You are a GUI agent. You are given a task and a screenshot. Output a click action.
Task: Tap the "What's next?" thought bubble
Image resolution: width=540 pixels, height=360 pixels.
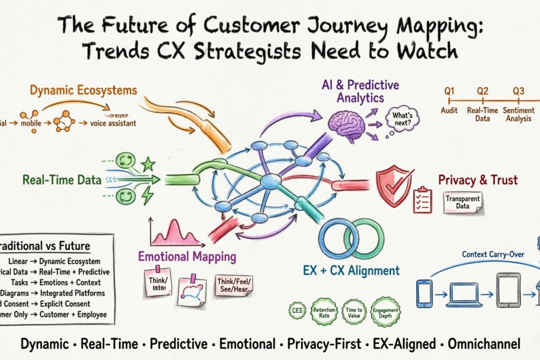(x=402, y=118)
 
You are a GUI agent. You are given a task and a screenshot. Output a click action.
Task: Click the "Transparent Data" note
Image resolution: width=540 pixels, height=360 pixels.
(x=462, y=202)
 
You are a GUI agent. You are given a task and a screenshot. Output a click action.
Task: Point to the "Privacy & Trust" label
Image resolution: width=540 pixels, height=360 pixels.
(x=478, y=180)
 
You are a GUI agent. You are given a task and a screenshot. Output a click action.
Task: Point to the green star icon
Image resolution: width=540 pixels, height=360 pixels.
(x=147, y=165)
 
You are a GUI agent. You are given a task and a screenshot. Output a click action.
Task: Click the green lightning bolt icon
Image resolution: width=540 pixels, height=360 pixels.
(x=147, y=196)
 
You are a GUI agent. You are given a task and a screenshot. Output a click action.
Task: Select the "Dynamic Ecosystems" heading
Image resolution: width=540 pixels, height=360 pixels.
(x=84, y=90)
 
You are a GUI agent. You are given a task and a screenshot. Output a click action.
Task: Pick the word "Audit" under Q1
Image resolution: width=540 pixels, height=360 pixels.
(x=449, y=110)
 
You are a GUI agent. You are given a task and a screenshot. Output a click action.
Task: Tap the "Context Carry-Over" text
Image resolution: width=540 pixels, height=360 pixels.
(x=493, y=255)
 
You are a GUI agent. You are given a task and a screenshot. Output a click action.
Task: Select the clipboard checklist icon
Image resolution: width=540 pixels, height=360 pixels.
(x=422, y=200)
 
